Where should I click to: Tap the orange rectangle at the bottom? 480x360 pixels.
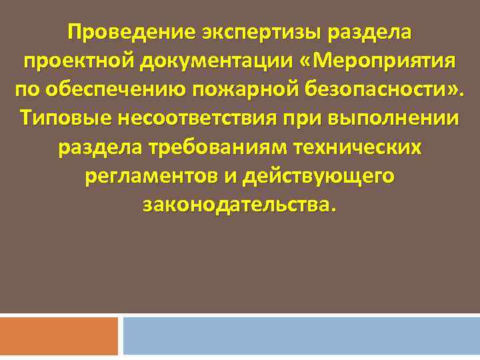[59, 336]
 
